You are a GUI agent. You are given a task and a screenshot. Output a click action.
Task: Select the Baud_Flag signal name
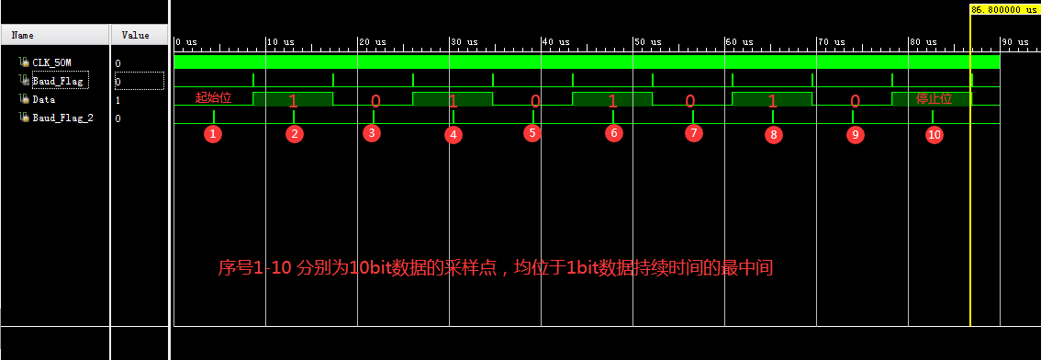pos(57,81)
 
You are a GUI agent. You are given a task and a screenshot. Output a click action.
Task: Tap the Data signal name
pos(43,99)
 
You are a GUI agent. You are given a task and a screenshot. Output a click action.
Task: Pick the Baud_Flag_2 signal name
pos(62,118)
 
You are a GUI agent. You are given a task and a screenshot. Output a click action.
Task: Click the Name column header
pos(23,35)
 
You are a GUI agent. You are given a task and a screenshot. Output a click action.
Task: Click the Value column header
pos(135,35)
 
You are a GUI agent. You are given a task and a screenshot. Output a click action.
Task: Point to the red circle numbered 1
pos(213,134)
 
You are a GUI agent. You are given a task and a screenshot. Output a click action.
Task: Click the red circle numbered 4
pos(453,134)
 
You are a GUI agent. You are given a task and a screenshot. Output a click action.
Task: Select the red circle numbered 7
pos(693,133)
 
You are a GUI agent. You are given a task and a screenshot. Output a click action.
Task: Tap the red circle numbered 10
pos(934,134)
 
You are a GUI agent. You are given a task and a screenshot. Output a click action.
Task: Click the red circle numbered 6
pos(613,133)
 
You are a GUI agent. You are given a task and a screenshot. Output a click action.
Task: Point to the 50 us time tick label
pos(647,42)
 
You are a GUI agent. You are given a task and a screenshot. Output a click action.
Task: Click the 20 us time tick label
pos(372,42)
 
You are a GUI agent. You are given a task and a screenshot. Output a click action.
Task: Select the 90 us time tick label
pos(1014,42)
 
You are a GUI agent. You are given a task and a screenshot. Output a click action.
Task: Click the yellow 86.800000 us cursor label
pos(1003,9)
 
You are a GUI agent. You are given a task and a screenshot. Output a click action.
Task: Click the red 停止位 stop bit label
pos(934,98)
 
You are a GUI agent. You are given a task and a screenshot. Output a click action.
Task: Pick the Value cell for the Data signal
pos(118,99)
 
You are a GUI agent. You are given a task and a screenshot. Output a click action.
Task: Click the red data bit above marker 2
pos(293,100)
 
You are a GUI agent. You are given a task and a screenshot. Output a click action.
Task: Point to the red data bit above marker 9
pos(855,100)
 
